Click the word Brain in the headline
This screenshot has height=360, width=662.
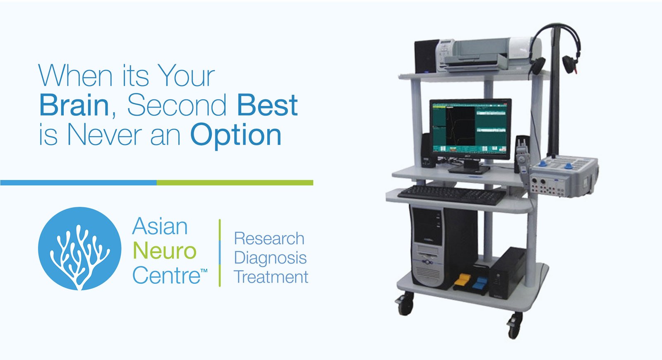pyautogui.click(x=74, y=105)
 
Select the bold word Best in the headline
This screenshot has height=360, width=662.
pyautogui.click(x=267, y=105)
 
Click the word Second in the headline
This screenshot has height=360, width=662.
pyautogui.click(x=177, y=105)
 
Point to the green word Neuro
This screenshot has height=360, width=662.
pyautogui.click(x=165, y=251)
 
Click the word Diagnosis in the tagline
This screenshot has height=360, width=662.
pyautogui.click(x=271, y=259)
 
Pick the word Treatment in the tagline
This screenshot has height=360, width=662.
pyautogui.click(x=271, y=277)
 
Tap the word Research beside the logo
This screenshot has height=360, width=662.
pyautogui.click(x=269, y=238)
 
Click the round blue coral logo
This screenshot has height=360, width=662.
pyautogui.click(x=80, y=249)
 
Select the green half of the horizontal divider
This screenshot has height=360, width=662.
pyautogui.click(x=235, y=182)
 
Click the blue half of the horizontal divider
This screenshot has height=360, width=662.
pyautogui.click(x=78, y=182)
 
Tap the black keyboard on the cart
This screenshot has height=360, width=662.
pyautogui.click(x=452, y=195)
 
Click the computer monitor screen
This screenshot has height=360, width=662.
pyautogui.click(x=470, y=128)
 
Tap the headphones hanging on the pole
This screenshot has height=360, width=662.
pyautogui.click(x=553, y=49)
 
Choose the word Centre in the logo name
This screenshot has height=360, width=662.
pyautogui.click(x=166, y=276)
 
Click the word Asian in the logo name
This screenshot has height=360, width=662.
pyautogui.click(x=160, y=227)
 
